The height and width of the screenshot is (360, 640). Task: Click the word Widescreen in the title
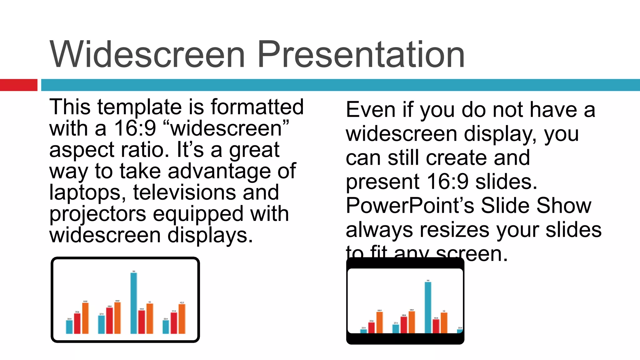point(147,55)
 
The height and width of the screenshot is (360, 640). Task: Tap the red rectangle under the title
point(19,85)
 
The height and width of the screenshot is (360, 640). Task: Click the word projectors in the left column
point(98,215)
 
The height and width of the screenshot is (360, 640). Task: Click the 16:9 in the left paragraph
point(135,128)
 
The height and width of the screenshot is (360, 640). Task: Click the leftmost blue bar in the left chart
point(69,327)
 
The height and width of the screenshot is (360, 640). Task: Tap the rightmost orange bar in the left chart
point(182,319)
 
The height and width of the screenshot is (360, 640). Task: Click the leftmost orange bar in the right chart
point(379,322)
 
